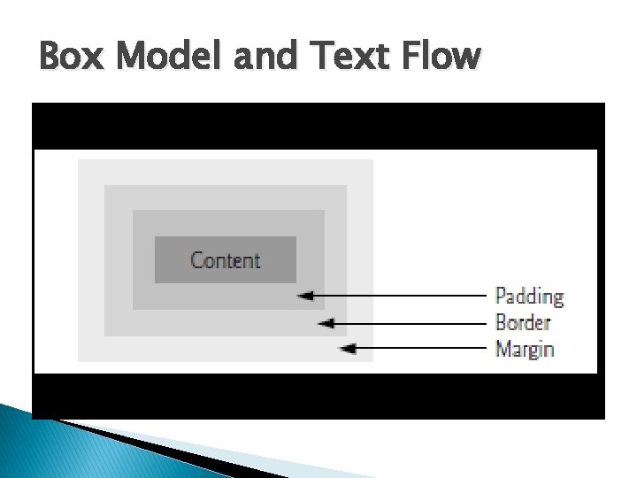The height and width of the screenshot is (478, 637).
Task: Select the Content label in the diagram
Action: [x=226, y=260]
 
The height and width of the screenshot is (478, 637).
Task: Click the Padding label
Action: [x=529, y=296]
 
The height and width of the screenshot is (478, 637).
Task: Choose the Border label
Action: [x=523, y=322]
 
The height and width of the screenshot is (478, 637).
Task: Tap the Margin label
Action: [x=525, y=349]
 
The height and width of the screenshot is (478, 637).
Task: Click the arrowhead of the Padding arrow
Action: [x=305, y=296]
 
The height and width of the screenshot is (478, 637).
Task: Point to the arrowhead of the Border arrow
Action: [x=326, y=323]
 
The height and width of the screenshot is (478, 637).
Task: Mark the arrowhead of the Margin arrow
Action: [x=348, y=349]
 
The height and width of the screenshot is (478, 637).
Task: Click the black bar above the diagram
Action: [x=318, y=126]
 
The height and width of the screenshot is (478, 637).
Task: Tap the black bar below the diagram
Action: [x=318, y=396]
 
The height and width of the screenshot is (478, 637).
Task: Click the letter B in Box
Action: [x=49, y=59]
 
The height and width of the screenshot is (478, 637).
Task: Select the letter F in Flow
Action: [x=415, y=59]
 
